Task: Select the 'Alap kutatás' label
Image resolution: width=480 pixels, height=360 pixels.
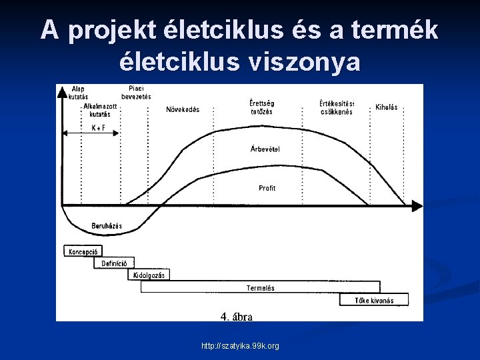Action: point(78,92)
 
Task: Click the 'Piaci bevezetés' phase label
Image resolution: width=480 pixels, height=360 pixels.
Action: point(136,93)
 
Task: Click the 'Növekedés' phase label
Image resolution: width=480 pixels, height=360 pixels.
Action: point(183,110)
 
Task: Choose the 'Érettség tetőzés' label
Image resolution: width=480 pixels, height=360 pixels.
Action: point(261,107)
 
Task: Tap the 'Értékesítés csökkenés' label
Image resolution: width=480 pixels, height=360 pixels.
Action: point(337,107)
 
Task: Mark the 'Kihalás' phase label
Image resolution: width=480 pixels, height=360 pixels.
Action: point(386,107)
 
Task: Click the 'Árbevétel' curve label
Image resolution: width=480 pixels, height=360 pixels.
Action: point(265,149)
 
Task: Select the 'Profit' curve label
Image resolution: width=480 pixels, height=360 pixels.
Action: point(267,189)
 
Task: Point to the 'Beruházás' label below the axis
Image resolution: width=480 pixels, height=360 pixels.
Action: point(107,227)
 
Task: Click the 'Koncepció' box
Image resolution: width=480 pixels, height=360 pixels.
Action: point(83,252)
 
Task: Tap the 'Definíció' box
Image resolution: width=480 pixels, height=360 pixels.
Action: point(114,263)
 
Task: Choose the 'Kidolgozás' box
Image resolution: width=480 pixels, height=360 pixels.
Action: point(149,275)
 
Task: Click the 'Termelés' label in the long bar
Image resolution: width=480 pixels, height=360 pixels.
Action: point(260,288)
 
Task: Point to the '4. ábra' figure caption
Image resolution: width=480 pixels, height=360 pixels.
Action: point(237,317)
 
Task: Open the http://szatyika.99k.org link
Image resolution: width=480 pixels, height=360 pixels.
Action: point(241,346)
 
